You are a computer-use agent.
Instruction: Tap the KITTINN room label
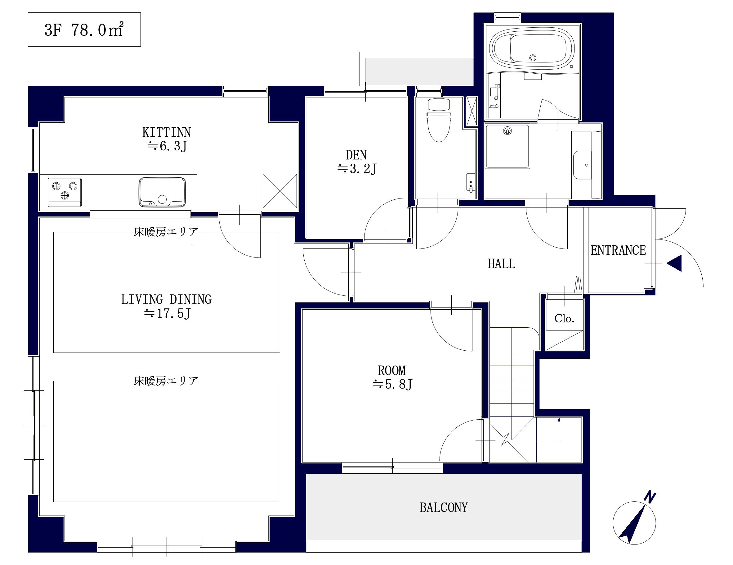click(x=167, y=132)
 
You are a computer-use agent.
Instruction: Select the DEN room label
click(x=356, y=155)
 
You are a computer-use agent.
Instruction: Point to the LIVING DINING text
click(x=167, y=299)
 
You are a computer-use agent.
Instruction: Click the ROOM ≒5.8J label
click(x=392, y=377)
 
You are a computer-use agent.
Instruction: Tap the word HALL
click(x=501, y=264)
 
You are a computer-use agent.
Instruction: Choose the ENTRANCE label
click(x=618, y=250)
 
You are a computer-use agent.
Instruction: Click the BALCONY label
click(x=443, y=508)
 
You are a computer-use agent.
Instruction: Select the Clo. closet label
click(x=564, y=318)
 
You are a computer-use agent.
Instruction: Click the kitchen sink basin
click(x=162, y=192)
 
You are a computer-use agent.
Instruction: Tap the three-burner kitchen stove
click(x=65, y=192)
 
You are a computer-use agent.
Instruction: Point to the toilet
click(x=439, y=120)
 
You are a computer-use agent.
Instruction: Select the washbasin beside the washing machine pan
click(x=583, y=165)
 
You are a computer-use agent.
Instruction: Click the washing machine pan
click(x=507, y=146)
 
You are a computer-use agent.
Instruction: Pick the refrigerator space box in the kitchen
click(x=279, y=191)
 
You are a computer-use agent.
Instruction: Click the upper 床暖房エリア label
click(x=166, y=232)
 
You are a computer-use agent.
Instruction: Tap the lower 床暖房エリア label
click(x=166, y=381)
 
